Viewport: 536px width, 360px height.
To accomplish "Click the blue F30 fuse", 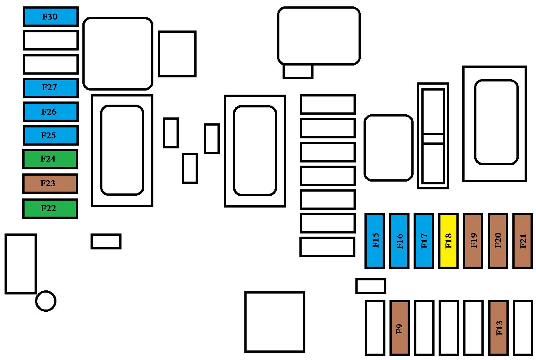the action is [51, 16].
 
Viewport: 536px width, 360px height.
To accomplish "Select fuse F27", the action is [51, 88].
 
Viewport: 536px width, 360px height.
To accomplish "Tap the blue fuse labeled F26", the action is [51, 112].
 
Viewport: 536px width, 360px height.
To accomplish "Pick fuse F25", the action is [51, 135].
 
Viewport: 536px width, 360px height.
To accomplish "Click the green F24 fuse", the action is [50, 159].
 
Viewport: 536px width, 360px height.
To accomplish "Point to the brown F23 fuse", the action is [50, 183].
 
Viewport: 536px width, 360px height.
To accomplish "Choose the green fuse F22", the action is [50, 208].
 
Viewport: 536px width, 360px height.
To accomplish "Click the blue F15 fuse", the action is [374, 241].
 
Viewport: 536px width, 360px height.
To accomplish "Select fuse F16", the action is [399, 241].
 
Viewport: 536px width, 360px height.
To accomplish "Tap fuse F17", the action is [424, 241].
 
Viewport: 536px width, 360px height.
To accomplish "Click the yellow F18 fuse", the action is [449, 241].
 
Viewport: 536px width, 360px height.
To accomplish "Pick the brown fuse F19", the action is [473, 241].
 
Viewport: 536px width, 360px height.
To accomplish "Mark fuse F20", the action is [498, 241].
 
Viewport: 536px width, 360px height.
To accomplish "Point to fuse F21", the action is [523, 241].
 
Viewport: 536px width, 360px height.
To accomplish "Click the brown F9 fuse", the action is [399, 328].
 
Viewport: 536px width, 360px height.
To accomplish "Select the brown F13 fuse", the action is [498, 328].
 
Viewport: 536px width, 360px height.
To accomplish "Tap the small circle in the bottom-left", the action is [46, 301].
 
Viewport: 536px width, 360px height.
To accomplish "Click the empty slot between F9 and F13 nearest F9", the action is [424, 328].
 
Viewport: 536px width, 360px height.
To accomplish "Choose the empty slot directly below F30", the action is [51, 41].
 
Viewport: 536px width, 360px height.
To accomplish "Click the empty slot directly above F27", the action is [51, 64].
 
